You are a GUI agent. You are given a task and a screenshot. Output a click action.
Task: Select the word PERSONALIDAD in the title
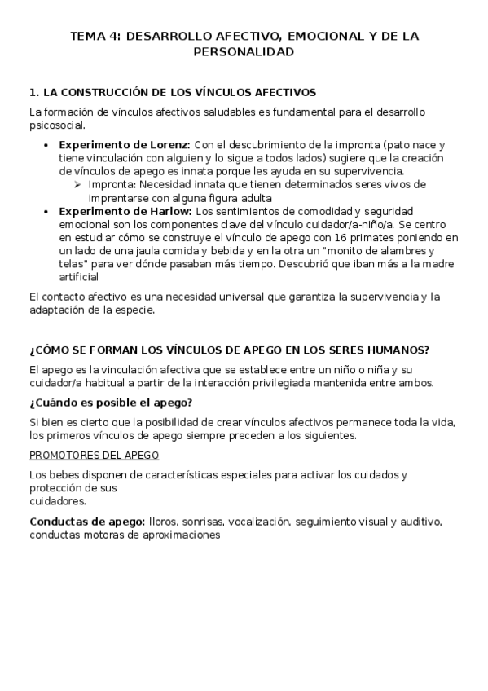[x=244, y=51]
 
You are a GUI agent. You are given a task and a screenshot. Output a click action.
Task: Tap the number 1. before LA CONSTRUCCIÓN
[x=33, y=92]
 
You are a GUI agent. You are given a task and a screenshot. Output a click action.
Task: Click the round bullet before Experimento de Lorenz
[x=46, y=145]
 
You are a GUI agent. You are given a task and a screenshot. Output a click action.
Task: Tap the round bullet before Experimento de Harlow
[x=46, y=211]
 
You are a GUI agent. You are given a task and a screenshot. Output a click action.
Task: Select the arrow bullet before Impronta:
[x=78, y=185]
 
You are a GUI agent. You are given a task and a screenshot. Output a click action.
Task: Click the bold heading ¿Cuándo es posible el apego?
[x=111, y=403]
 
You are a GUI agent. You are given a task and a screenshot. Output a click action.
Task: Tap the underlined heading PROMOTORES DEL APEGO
[x=95, y=455]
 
